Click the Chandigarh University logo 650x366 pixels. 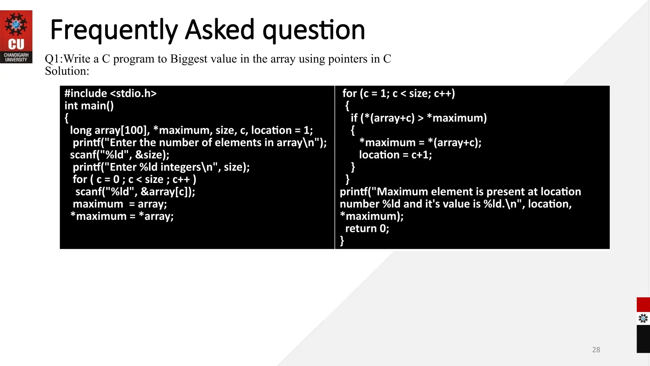tap(16, 37)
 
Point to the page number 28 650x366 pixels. tap(596, 350)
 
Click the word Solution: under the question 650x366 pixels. tap(67, 71)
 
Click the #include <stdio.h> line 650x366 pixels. tap(110, 93)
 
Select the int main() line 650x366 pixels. tap(89, 106)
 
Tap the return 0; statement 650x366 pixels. tap(367, 229)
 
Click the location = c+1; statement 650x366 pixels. tap(395, 155)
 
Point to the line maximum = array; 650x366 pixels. tap(120, 204)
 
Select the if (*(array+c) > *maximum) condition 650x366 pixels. tap(419, 118)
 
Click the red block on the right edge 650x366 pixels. tap(643, 305)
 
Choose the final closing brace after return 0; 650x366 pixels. tap(342, 241)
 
